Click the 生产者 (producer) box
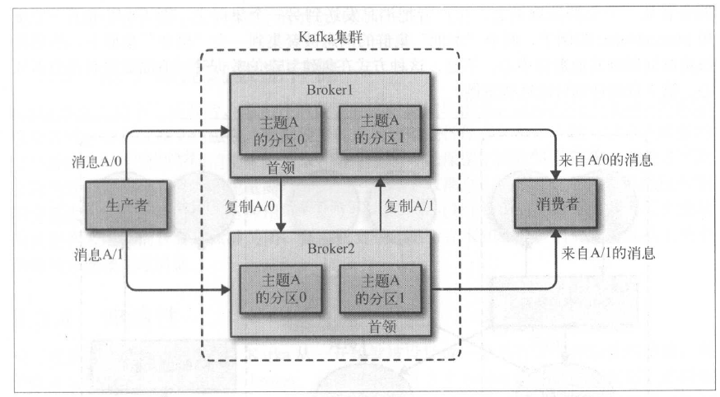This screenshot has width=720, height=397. [x=128, y=206]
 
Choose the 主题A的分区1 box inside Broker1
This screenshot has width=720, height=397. [x=379, y=130]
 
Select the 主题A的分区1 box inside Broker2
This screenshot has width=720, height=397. [x=379, y=289]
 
